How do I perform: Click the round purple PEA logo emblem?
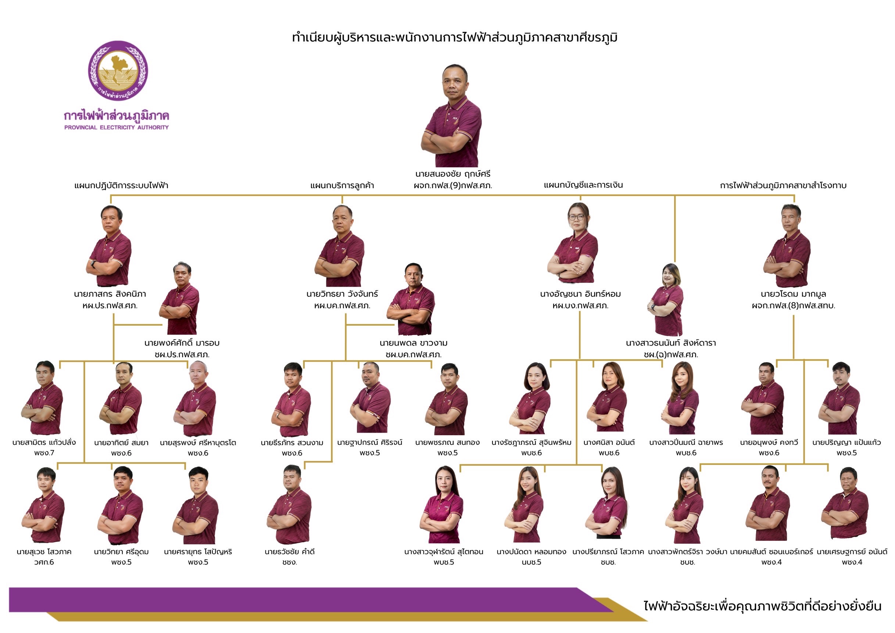(x=118, y=71)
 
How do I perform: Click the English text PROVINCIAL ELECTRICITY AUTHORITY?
(x=117, y=128)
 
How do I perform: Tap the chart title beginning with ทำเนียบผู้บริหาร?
(x=455, y=38)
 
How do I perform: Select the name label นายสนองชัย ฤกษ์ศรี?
(x=452, y=174)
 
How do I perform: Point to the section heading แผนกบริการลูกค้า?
(x=342, y=186)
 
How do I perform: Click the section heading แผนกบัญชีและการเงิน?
(x=583, y=185)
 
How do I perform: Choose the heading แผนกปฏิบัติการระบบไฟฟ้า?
(x=121, y=186)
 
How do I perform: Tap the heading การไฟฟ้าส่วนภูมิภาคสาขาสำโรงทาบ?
(x=783, y=186)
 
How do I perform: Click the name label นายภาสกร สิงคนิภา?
(x=110, y=294)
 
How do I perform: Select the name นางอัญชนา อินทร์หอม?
(x=580, y=294)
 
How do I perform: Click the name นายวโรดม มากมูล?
(x=793, y=294)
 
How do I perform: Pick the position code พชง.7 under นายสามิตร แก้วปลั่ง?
(x=44, y=453)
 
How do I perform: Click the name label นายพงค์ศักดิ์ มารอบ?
(x=182, y=343)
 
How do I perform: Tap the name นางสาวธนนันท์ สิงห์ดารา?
(x=671, y=343)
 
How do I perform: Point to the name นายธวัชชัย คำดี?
(x=290, y=551)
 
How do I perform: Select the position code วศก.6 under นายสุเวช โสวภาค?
(x=44, y=562)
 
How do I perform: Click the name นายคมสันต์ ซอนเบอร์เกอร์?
(x=772, y=551)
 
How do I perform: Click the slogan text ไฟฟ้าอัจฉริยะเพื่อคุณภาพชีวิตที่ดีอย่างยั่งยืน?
(x=762, y=607)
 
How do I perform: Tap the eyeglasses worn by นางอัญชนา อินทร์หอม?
(x=577, y=217)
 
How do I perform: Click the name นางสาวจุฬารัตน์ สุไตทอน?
(x=444, y=551)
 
